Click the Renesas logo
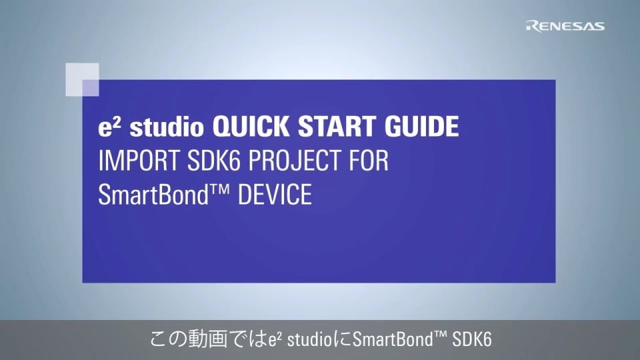[x=565, y=26]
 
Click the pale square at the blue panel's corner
[x=83, y=79]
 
